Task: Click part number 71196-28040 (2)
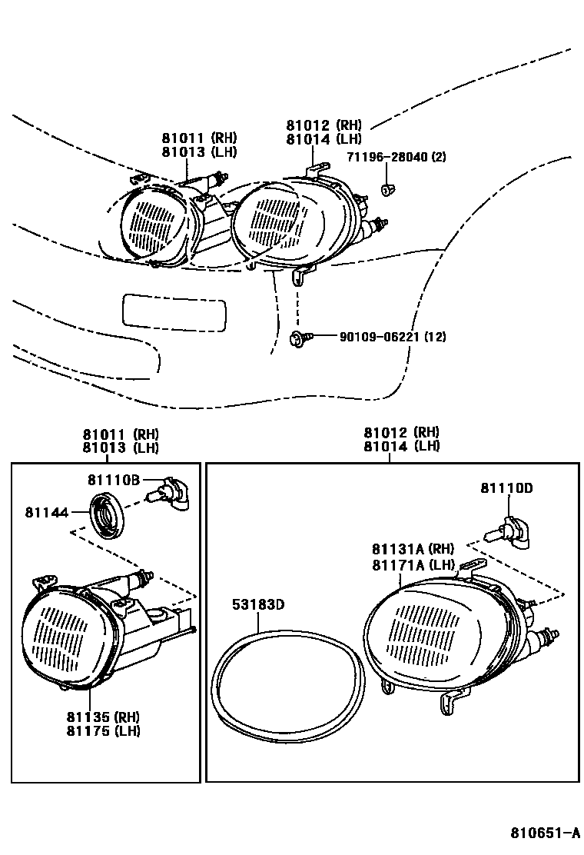click(x=406, y=157)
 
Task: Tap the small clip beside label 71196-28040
click(x=388, y=188)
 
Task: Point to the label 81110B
click(x=113, y=480)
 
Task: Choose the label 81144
click(x=48, y=511)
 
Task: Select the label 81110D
click(x=506, y=487)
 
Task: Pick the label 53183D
click(x=258, y=604)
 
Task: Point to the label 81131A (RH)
click(x=413, y=549)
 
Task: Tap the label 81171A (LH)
click(x=413, y=565)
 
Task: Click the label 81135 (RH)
click(x=103, y=717)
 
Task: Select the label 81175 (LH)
click(x=103, y=731)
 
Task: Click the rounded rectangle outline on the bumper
click(x=175, y=312)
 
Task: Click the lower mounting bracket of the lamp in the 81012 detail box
click(x=453, y=700)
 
